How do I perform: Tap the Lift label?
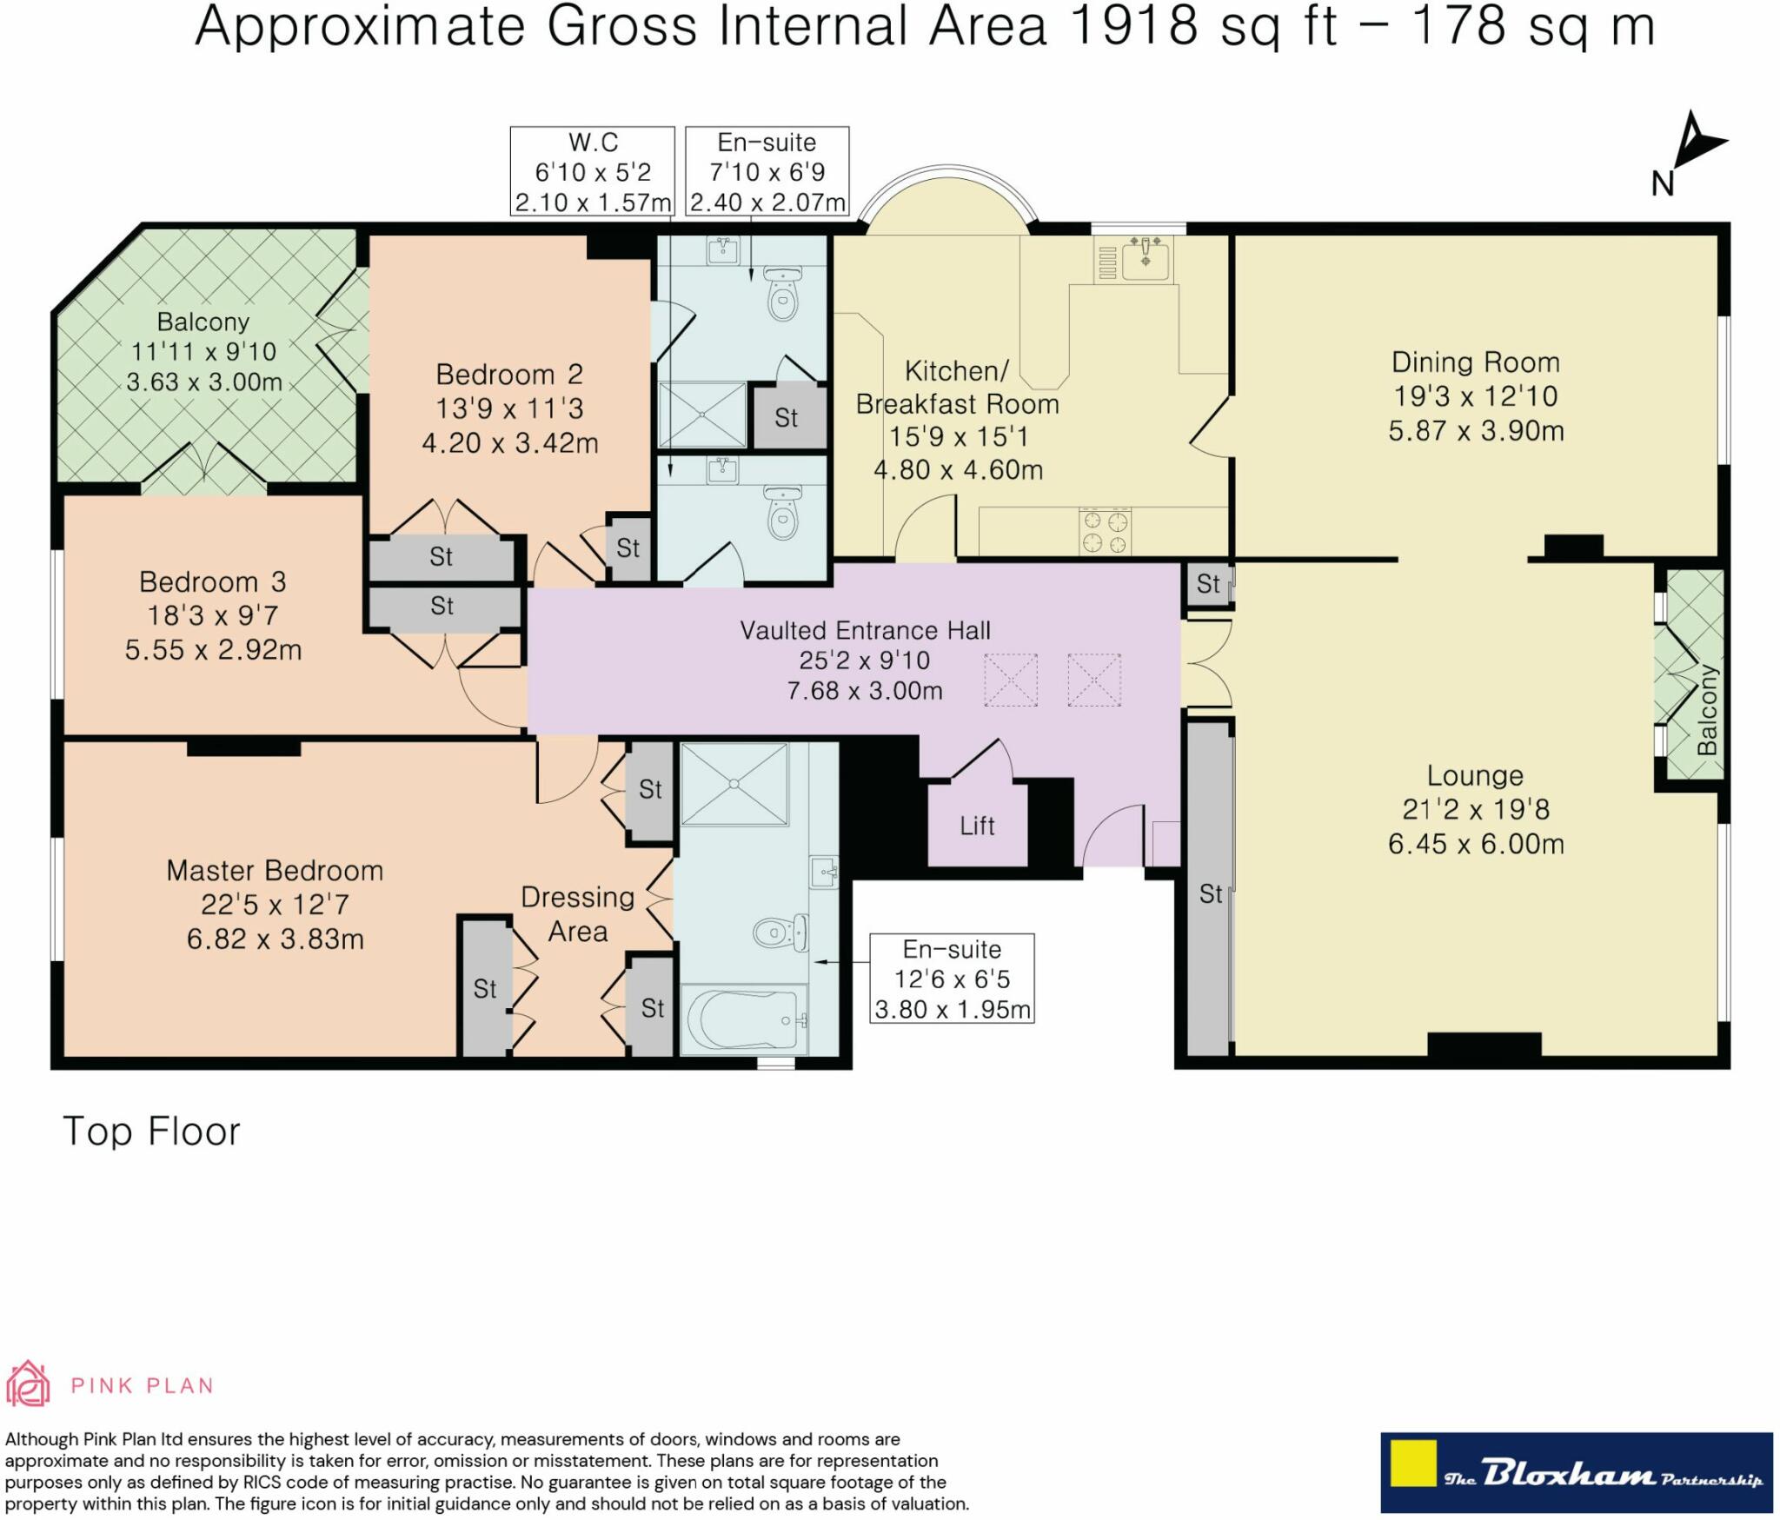(x=977, y=826)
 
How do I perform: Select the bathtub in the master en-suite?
(x=746, y=1019)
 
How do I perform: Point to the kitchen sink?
(x=1146, y=258)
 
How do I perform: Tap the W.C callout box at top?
(x=593, y=171)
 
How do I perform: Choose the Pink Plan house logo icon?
(x=28, y=1384)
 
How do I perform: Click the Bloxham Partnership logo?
(x=1577, y=1473)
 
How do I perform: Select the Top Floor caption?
(x=151, y=1132)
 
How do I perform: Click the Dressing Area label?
(x=578, y=914)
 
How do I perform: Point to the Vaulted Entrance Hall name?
(x=865, y=630)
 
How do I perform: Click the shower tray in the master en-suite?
(x=734, y=784)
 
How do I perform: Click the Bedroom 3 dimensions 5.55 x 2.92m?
(x=214, y=650)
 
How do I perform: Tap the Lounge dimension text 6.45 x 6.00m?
(x=1476, y=844)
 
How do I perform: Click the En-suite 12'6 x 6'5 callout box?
(x=953, y=979)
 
